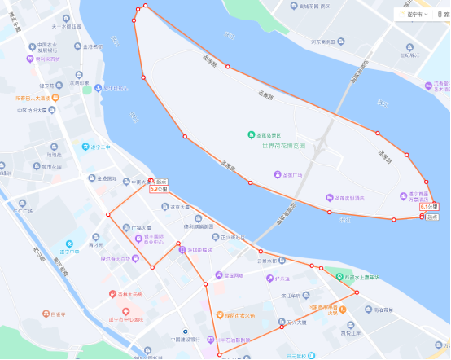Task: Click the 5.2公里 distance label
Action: (158, 189)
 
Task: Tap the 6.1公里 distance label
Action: (430, 207)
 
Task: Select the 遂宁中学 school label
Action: (69, 252)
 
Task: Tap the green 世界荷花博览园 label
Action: (283, 145)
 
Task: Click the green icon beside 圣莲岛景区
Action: (250, 135)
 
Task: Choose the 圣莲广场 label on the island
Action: (291, 174)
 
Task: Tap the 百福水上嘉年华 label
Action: (364, 277)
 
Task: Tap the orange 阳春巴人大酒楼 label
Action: (33, 99)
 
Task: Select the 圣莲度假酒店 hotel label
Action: (350, 198)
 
